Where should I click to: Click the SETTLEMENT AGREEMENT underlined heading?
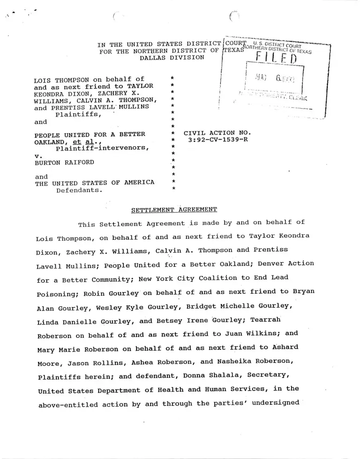[x=174, y=209]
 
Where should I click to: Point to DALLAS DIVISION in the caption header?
[x=172, y=58]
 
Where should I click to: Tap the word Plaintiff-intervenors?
[x=103, y=149]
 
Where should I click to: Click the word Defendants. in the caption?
[x=79, y=190]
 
